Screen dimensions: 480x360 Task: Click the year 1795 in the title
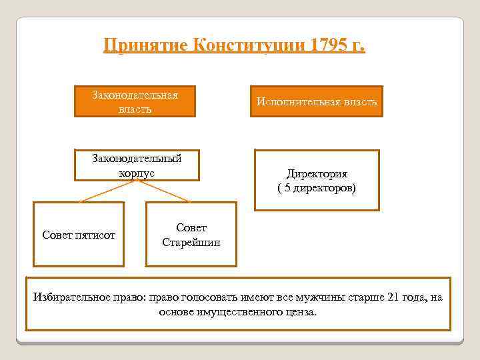329,46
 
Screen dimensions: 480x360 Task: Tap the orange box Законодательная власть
135,101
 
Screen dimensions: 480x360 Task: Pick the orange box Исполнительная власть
317,101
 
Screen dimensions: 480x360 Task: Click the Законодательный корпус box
137,165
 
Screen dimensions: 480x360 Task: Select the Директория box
317,180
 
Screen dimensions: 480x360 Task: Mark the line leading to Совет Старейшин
167,191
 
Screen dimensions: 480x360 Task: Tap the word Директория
317,174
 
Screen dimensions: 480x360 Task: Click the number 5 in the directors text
286,188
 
